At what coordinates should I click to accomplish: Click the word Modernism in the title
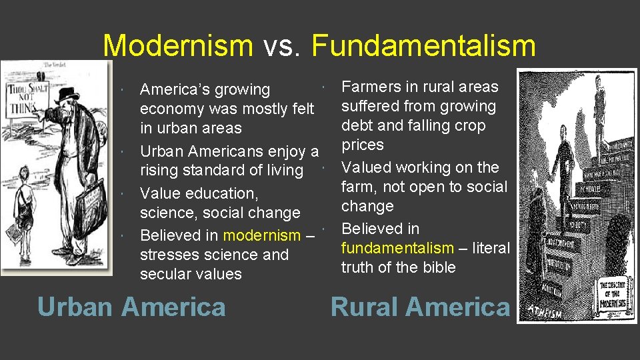tap(178, 46)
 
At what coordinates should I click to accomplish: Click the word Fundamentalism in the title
tap(423, 46)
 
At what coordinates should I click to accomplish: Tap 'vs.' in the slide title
tap(282, 46)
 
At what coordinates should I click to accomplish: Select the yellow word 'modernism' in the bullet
tap(262, 235)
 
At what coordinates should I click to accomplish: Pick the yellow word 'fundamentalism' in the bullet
tap(397, 248)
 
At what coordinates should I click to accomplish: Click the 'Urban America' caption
tap(131, 307)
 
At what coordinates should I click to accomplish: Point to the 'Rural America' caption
tap(420, 307)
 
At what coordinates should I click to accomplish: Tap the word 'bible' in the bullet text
tap(438, 267)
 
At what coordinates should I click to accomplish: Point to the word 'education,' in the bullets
tap(225, 193)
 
